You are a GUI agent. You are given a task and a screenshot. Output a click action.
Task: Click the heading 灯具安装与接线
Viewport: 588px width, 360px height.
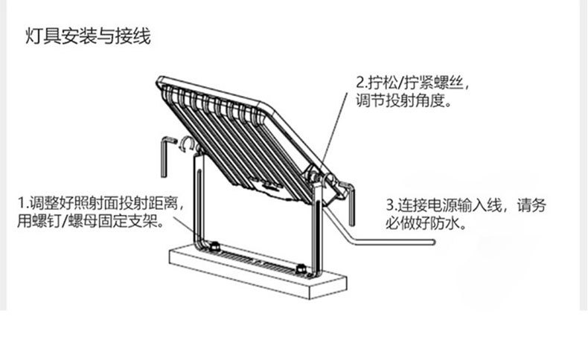pos(89,36)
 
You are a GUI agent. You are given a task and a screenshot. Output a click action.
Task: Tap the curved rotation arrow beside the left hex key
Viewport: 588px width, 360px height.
pos(190,142)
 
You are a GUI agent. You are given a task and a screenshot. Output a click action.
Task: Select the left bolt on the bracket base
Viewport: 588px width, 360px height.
pos(214,245)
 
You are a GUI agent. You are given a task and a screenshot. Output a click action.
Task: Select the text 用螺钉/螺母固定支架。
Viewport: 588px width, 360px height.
pos(93,221)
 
